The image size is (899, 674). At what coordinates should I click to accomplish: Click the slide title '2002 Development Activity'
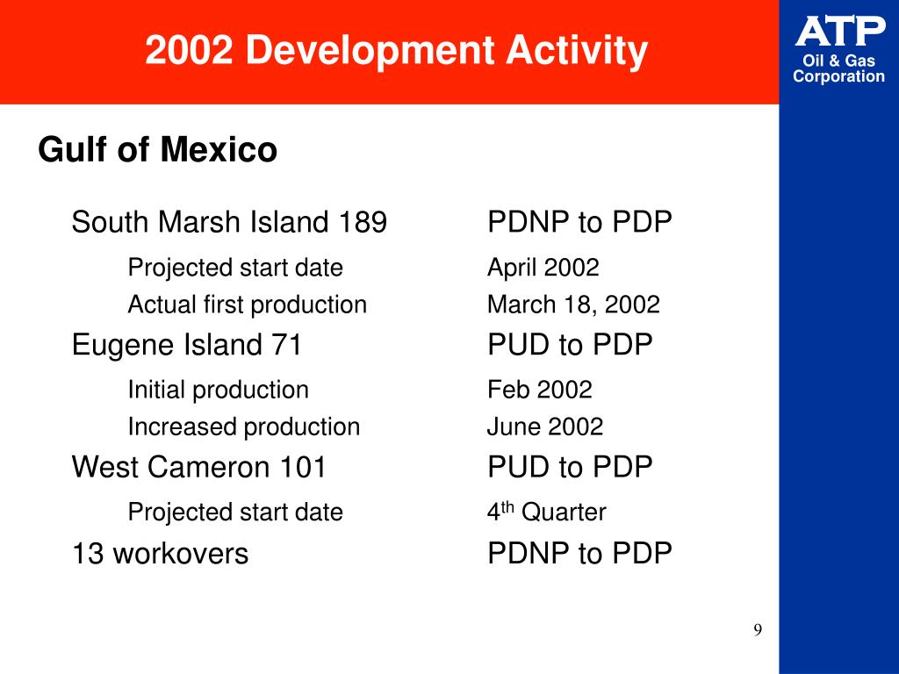396,51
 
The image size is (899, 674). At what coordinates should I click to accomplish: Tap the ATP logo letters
840,32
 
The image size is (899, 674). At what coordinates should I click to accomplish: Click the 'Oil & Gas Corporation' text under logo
839,69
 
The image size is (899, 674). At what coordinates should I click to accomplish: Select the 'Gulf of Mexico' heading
158,150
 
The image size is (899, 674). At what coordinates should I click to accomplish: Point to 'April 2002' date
543,268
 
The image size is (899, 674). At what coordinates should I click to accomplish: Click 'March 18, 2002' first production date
573,305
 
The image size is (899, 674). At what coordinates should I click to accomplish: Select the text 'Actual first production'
248,305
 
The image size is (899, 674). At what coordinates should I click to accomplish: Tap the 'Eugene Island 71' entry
187,345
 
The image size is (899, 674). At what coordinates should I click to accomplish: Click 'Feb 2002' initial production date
540,390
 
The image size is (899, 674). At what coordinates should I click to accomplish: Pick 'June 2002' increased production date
545,427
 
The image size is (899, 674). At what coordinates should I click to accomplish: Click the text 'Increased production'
244,427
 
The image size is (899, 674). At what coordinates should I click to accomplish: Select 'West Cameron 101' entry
199,467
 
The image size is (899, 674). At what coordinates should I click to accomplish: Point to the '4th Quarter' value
546,513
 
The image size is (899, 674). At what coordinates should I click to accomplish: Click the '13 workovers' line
160,554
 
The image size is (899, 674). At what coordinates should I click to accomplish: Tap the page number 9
758,631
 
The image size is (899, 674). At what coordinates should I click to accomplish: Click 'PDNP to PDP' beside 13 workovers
579,554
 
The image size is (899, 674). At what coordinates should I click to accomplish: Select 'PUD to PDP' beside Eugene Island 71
570,345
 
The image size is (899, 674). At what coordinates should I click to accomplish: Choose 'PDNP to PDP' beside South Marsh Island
579,223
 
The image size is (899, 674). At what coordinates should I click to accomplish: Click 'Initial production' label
219,390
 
